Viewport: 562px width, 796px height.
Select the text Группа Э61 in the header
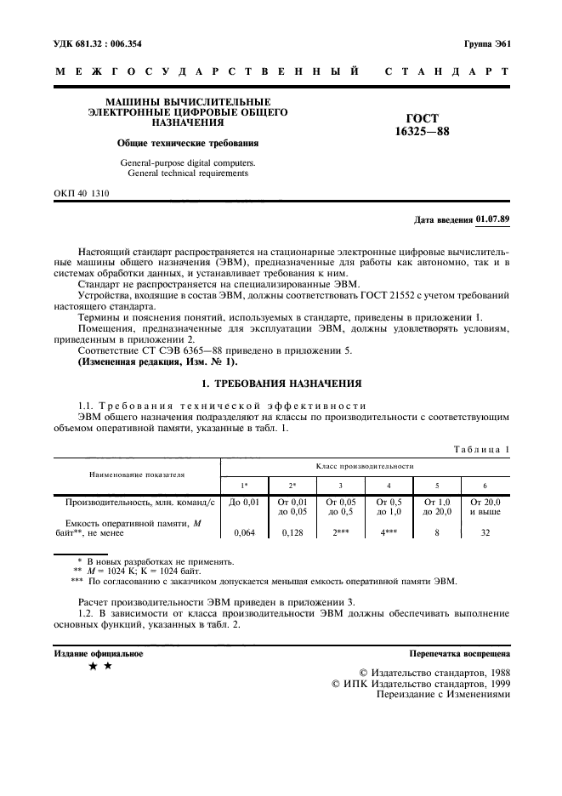click(x=487, y=43)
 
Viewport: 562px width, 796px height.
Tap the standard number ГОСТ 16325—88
click(x=423, y=126)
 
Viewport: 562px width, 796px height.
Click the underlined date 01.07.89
click(x=493, y=219)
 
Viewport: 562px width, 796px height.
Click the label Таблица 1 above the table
click(x=481, y=448)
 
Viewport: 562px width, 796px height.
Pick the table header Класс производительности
click(x=365, y=466)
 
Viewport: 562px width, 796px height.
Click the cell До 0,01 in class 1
click(x=244, y=503)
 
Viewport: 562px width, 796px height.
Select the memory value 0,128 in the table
click(x=292, y=533)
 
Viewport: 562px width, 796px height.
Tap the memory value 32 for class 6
click(x=485, y=533)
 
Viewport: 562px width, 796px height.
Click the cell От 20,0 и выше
click(x=485, y=508)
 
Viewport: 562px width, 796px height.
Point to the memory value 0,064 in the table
click(x=244, y=533)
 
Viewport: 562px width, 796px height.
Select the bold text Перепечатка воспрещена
click(x=459, y=654)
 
